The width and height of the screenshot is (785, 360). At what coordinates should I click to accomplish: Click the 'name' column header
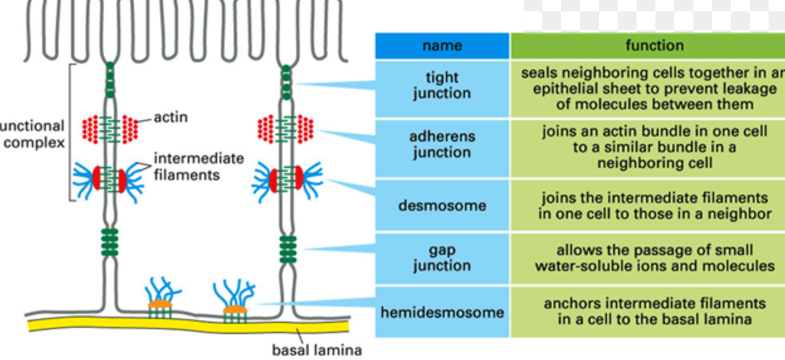pos(442,45)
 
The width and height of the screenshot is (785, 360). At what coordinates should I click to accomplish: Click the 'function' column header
pos(654,45)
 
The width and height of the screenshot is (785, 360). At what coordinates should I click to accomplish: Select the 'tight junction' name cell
pos(442,86)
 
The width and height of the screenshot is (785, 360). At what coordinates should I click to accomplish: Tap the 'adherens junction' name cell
pos(442,144)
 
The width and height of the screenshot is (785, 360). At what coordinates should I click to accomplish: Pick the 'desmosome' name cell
pos(442,205)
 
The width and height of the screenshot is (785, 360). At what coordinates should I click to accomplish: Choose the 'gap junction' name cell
pos(442,258)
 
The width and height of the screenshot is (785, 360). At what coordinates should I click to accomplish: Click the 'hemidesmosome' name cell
pos(442,312)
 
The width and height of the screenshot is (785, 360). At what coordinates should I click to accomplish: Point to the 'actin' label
pos(170,117)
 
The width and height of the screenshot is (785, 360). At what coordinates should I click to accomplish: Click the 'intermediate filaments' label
pos(198,166)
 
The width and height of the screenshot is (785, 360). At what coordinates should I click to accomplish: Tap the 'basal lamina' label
pos(316,349)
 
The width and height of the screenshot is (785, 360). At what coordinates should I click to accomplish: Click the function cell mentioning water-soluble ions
pos(654,258)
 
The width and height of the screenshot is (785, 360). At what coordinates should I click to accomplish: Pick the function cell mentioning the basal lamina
pos(654,311)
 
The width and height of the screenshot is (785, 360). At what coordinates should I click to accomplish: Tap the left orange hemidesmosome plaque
pos(160,304)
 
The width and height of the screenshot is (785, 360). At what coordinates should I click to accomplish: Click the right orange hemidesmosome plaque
pos(235,310)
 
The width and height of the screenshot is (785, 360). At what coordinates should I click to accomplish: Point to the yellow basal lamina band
pos(189,325)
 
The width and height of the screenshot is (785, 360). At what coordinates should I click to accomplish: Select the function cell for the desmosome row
pos(654,206)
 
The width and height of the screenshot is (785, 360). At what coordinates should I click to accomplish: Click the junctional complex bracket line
pos(70,132)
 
